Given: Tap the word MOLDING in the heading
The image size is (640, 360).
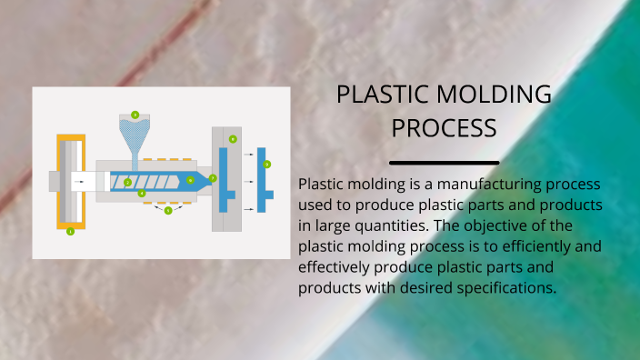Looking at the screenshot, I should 495,94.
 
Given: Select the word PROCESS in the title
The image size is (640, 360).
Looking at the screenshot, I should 444,127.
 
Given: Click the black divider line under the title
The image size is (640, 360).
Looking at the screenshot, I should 444,163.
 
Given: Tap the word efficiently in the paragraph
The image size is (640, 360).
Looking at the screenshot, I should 520,245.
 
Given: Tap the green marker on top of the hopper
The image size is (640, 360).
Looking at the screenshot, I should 135,115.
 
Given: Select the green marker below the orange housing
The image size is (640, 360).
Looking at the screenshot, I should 70,232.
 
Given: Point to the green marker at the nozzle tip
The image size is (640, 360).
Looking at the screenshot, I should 213,178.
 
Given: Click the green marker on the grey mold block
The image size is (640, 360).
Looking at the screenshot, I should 233,139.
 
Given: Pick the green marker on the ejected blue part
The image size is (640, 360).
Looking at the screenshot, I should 266,165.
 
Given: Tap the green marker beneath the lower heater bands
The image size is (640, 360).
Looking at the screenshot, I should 168,210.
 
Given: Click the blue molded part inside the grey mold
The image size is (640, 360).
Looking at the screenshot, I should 224,179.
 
